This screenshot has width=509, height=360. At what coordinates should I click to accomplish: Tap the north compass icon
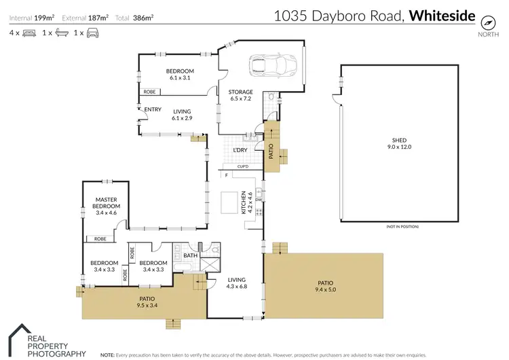pyautogui.click(x=487, y=21)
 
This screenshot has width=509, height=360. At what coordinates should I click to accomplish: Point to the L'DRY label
pyautogui.click(x=240, y=149)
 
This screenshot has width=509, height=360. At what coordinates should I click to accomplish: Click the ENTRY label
pyautogui.click(x=152, y=109)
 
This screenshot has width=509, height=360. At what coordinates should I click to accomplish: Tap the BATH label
pyautogui.click(x=190, y=256)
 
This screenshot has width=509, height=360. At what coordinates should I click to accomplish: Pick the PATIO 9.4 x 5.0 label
pyautogui.click(x=325, y=287)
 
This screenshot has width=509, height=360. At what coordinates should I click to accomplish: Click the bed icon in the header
pyautogui.click(x=29, y=32)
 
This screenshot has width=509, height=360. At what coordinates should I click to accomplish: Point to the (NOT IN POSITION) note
pyautogui.click(x=402, y=226)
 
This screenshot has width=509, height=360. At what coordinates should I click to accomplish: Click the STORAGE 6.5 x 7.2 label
pyautogui.click(x=240, y=95)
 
